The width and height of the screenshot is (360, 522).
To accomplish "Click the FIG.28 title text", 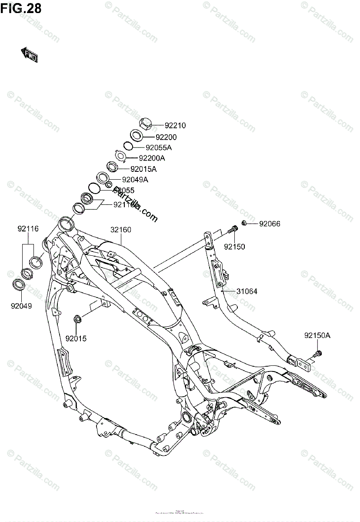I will coord(21,8).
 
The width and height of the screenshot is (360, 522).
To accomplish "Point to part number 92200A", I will coord(153,158).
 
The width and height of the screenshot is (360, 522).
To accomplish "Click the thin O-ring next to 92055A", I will coord(128,146).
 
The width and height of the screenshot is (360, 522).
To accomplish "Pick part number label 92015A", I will coord(143,169).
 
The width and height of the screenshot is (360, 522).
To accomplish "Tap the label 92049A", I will coord(135,180).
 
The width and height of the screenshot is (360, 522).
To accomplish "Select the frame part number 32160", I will coord(120,230).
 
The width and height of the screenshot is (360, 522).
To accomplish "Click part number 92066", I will coord(270,224).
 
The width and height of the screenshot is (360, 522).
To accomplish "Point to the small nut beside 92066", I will coord(244,223).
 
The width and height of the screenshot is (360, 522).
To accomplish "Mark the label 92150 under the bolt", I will coord(234,247).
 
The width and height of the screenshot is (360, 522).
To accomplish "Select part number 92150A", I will coord(317,335).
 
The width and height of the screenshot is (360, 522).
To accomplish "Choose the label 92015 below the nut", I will coord(76,338).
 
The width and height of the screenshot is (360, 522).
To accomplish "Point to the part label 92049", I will coord(21,306).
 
